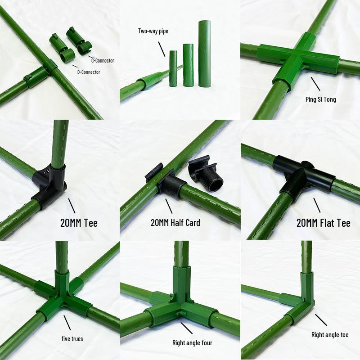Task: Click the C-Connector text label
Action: point(103,61)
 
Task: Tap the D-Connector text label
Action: point(89,72)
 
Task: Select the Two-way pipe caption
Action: point(153,31)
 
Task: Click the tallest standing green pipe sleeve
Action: point(205,54)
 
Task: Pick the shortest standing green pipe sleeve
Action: point(173,69)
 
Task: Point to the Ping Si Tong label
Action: point(320,99)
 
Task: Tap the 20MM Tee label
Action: point(79,223)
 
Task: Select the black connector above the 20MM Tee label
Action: point(49,185)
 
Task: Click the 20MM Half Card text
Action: point(175,223)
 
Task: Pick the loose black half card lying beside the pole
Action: point(206,175)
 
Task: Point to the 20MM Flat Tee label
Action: point(323,223)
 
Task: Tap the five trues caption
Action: point(72,339)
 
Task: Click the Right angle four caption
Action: point(192,343)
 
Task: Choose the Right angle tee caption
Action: point(330,335)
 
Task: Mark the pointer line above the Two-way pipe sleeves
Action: point(162,49)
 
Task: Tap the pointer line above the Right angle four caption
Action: point(186,328)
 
